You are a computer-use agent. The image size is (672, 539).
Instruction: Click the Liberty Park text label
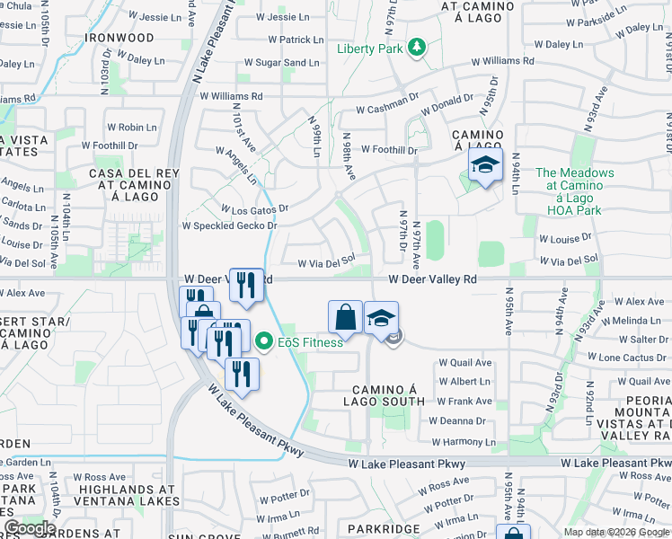(x=369, y=49)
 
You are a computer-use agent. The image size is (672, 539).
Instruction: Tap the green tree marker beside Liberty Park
(x=416, y=47)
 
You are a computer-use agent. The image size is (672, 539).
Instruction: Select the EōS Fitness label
(x=311, y=342)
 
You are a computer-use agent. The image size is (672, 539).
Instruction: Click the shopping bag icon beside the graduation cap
(x=346, y=316)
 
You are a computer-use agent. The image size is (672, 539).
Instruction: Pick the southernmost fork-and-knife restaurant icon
(x=242, y=373)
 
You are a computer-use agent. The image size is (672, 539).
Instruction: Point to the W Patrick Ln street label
(x=289, y=40)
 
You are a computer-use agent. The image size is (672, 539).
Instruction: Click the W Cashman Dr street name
(x=388, y=110)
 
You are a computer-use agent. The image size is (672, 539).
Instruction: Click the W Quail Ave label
(x=465, y=363)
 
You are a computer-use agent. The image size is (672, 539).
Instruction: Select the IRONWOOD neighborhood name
(x=119, y=39)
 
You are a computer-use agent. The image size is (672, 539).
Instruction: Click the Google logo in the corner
(x=30, y=528)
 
